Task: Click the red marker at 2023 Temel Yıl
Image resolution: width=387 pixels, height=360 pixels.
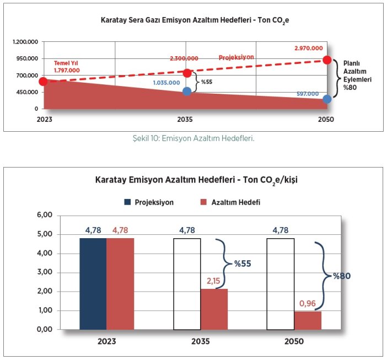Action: point(43,82)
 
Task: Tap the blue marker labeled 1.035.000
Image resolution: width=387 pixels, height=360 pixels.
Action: point(187,91)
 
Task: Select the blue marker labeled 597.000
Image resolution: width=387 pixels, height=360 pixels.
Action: point(327,99)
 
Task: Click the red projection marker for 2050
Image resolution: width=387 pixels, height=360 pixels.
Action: point(327,60)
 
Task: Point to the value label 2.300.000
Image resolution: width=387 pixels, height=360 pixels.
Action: point(184,58)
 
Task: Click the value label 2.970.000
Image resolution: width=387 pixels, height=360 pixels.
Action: point(309,49)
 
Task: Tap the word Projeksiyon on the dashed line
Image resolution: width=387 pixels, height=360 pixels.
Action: point(237,57)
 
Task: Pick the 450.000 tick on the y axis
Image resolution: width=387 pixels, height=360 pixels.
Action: point(26,92)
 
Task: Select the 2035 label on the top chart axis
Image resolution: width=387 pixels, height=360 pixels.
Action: point(186,119)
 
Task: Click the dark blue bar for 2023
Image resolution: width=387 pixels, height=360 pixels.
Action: point(93,284)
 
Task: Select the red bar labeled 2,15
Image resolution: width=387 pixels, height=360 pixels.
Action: point(214,309)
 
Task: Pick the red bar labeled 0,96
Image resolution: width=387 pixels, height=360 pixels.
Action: point(308,320)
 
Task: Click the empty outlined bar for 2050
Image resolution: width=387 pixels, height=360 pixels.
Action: point(281,284)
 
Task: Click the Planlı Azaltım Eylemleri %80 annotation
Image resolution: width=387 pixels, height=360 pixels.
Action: point(356,75)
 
